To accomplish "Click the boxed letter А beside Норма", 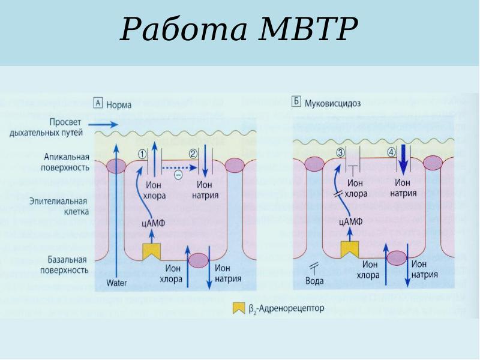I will pos(99,103).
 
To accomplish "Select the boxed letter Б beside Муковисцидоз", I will pos(296,102).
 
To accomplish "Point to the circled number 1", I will pos(142,154).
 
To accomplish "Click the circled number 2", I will pos(193,154).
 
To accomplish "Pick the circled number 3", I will pos(340,153).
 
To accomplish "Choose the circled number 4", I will pos(391,152).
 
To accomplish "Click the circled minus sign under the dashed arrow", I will pos(178,175).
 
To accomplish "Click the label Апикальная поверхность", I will pos(67,162).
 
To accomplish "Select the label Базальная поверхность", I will pos(67,265).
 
